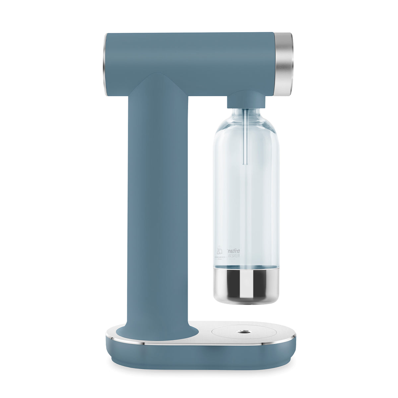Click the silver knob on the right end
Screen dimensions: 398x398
click(x=284, y=64)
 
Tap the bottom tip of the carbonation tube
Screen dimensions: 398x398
click(x=245, y=163)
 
